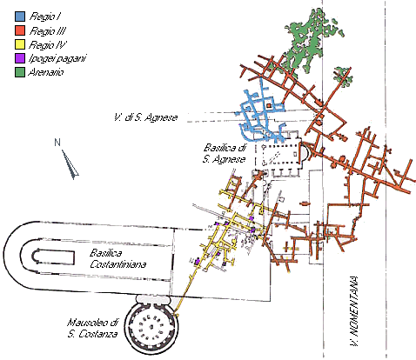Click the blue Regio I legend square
point(20,17)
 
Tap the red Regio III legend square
point(20,30)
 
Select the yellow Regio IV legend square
point(20,44)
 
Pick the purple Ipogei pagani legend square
point(20,58)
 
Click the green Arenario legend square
point(20,72)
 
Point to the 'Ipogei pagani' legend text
point(57,58)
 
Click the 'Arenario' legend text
point(45,72)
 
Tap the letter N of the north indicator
point(57,143)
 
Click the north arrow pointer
point(70,163)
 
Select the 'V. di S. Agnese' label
point(145,117)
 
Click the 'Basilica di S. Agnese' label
point(225,153)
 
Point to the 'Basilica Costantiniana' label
point(117,258)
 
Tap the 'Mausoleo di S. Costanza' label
point(92,328)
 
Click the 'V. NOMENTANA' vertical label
point(354,311)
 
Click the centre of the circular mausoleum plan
point(151,327)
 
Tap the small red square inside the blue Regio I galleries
point(269,106)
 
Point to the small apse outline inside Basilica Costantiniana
point(37,257)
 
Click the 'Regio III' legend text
point(48,30)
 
